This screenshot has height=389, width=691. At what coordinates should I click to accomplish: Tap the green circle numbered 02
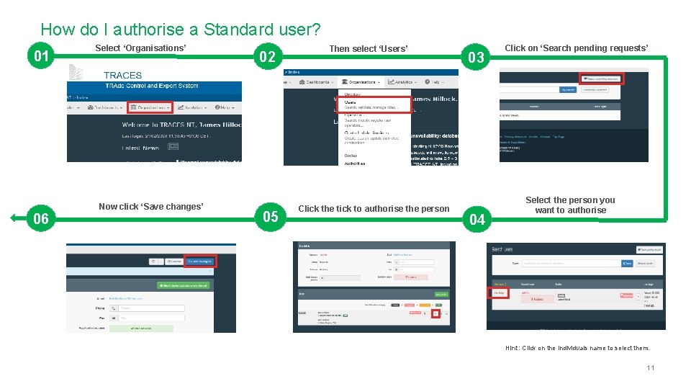point(268,56)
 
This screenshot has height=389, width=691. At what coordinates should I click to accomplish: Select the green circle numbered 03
point(477,56)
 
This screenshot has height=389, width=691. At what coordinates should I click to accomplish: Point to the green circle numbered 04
point(477,220)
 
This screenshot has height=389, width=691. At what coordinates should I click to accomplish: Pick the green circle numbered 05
point(271,217)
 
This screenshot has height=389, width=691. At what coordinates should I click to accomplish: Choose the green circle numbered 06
point(41,218)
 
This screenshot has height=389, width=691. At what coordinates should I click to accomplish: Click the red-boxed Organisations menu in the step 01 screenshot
point(150,107)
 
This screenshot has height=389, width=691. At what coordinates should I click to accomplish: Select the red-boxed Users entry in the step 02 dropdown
point(373,105)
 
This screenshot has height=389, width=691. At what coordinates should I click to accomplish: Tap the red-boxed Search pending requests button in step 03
point(601,78)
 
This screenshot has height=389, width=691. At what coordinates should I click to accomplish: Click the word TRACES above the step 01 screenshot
point(122,75)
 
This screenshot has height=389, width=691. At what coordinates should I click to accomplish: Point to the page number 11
point(651,368)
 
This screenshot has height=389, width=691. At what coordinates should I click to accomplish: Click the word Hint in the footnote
point(512,348)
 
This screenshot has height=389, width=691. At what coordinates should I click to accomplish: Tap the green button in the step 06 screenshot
point(183,286)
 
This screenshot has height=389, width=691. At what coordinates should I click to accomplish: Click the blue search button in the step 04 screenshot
point(628,264)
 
